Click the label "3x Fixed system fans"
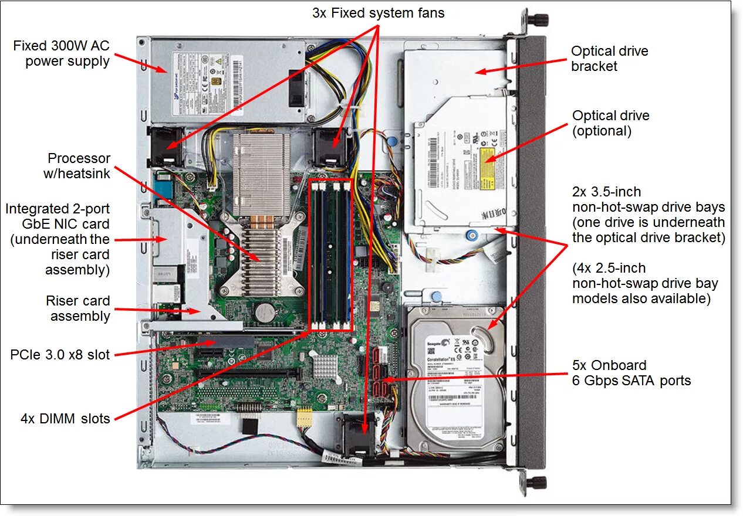coord(378,13)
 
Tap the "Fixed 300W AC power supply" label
coord(62,53)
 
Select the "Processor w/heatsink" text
coord(79,166)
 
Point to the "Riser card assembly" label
coord(78,308)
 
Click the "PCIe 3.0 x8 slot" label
coord(60,354)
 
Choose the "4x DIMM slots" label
coord(65,418)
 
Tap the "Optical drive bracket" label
coord(609,59)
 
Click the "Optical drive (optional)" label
coord(610,123)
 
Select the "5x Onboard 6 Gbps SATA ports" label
coord(631,373)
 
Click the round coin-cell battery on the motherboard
coord(265,311)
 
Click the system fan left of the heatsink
coord(166,146)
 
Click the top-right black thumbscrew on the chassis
coord(536,19)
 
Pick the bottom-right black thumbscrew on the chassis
coord(536,482)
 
